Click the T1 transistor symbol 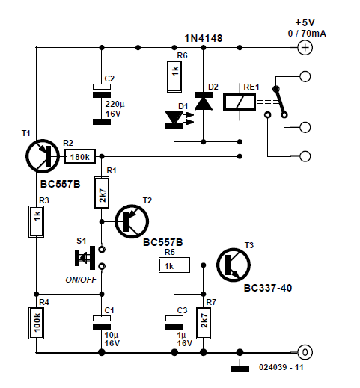pyautogui.click(x=43, y=156)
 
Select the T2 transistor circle pyautogui.click(x=132, y=221)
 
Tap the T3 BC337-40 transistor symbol pyautogui.click(x=234, y=265)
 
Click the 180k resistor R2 pyautogui.click(x=80, y=156)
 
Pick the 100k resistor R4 pyautogui.click(x=36, y=323)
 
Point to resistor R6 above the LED pyautogui.click(x=174, y=76)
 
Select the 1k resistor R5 pyautogui.click(x=174, y=265)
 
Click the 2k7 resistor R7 pyautogui.click(x=204, y=323)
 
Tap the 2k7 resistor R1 pyautogui.click(x=102, y=192)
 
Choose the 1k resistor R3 pyautogui.click(x=36, y=221)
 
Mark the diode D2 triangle pyautogui.click(x=204, y=101)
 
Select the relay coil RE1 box pyautogui.click(x=240, y=102)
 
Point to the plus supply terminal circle pyautogui.click(x=305, y=47)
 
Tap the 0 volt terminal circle pyautogui.click(x=305, y=352)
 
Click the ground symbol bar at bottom pyautogui.click(x=240, y=369)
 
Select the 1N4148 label pyautogui.click(x=204, y=38)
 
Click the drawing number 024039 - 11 pyautogui.click(x=281, y=367)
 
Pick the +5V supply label pyautogui.click(x=305, y=22)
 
